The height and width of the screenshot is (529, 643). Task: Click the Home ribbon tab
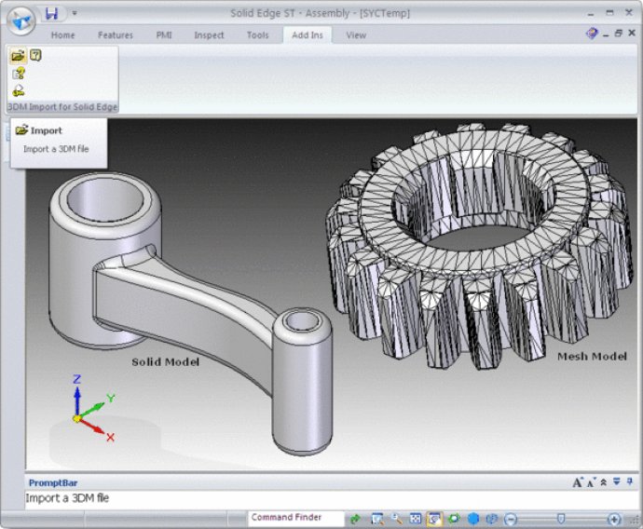coord(63,35)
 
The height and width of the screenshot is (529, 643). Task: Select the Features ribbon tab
coord(116,35)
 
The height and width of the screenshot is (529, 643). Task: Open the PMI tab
coord(164,35)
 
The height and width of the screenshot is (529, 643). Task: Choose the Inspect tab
coord(209,35)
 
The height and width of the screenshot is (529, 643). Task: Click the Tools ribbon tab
coord(257,35)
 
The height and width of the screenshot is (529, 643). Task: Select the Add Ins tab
coord(307,35)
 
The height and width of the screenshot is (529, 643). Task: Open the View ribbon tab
coord(355,35)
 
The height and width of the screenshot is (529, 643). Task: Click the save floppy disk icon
coord(52,13)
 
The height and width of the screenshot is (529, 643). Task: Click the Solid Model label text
coord(165,360)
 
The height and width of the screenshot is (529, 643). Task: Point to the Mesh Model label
coord(591,356)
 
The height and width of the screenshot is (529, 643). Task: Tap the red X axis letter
coord(110,437)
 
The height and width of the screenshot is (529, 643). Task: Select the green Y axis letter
coord(111,398)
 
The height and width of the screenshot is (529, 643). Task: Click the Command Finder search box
coord(294,518)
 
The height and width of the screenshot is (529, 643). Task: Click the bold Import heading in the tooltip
coord(46,130)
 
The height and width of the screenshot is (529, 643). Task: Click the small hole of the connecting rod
coord(303,321)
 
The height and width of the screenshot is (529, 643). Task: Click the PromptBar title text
coord(51,482)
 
